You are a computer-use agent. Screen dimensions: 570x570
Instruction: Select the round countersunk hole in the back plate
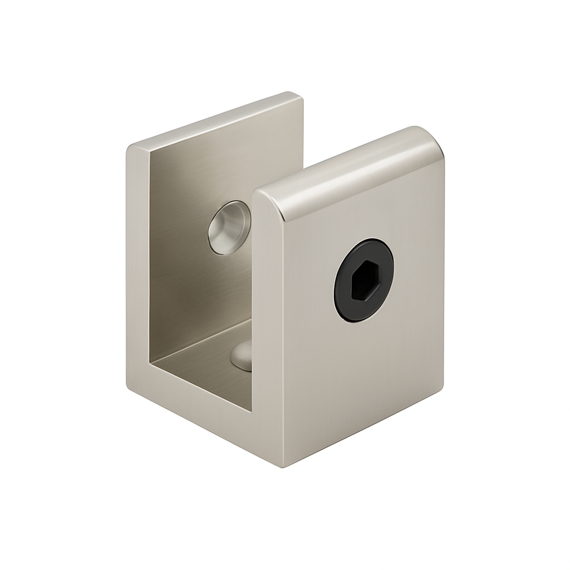[x=228, y=227]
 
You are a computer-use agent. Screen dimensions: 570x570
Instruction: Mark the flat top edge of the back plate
[x=217, y=120]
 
